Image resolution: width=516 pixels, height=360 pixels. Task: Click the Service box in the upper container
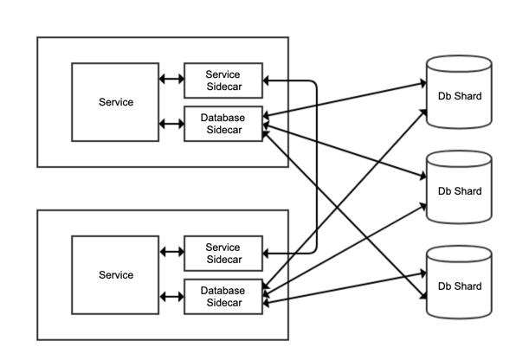coord(115,102)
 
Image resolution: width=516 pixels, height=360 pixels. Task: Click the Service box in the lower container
coord(115,275)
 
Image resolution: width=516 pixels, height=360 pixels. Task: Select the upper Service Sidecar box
coord(223,80)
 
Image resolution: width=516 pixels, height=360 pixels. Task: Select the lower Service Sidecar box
coord(223,254)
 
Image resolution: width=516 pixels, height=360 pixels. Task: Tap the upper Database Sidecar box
coord(223,124)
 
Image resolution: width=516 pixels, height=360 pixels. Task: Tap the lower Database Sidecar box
coord(223,297)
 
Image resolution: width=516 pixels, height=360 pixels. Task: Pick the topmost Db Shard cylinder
coord(459,92)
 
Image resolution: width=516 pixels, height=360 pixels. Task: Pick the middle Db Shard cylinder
coord(459,187)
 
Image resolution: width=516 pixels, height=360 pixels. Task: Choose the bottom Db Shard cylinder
coord(459,282)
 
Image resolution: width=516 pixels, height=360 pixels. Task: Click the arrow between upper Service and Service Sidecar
coord(171,79)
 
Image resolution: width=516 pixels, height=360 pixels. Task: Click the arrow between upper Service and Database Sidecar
coord(171,124)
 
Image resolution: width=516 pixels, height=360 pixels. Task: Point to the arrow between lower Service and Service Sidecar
coord(171,252)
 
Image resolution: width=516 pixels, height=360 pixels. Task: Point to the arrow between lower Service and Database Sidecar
coord(171,297)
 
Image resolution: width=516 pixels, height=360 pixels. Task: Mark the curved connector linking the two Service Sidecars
coord(317,167)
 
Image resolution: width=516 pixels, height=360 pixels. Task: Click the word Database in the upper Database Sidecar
coord(223,118)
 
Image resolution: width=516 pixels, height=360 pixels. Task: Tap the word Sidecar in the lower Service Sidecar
coord(224,260)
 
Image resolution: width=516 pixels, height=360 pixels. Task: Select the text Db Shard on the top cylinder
coord(460,96)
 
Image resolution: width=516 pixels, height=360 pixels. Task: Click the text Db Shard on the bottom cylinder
coord(460,286)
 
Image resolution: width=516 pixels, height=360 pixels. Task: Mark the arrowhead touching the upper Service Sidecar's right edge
coord(266,80)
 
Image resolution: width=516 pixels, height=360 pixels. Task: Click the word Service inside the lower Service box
coord(116,275)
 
